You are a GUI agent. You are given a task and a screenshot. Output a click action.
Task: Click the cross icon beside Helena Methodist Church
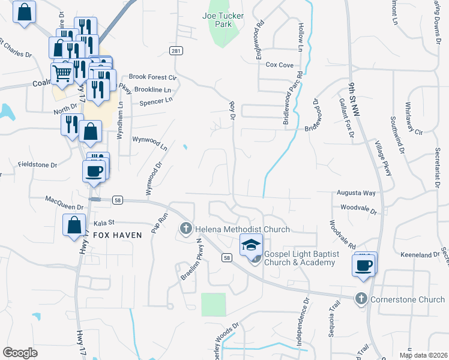coord(186,229)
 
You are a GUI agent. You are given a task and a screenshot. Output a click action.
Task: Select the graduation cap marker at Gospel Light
coord(252,245)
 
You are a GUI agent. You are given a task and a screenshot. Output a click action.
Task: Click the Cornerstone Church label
coord(408,299)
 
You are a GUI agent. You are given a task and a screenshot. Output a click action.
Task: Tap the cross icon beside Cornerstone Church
coord(361,298)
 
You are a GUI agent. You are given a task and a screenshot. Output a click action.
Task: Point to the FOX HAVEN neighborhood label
coord(117,235)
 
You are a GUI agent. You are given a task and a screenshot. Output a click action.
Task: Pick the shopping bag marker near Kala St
coord(74,226)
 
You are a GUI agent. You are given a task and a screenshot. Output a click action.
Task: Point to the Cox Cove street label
coord(279,65)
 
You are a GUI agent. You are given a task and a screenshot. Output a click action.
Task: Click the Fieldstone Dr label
coord(37,164)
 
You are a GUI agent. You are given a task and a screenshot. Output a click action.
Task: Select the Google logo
coord(20,353)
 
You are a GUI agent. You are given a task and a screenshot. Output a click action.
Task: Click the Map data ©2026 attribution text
coord(423,355)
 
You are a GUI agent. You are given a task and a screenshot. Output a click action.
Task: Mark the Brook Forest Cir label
coord(153,77)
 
